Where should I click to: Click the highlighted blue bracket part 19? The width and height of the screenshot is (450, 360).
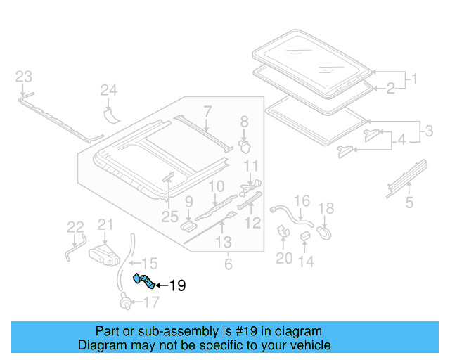(144, 281)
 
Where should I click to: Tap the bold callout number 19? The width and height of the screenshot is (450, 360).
(178, 285)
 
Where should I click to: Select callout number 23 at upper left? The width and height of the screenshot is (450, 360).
(23, 77)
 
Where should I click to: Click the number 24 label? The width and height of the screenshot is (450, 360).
(109, 90)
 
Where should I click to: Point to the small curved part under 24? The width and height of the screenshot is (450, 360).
(111, 115)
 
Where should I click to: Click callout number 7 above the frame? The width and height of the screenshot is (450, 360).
(207, 111)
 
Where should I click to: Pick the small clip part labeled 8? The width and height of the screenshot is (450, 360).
(245, 146)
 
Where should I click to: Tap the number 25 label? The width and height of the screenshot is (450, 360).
(169, 217)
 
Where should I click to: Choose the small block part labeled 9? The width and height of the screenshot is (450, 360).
(188, 226)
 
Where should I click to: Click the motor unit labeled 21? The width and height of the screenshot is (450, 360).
(104, 255)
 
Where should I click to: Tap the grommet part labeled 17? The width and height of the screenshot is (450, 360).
(126, 302)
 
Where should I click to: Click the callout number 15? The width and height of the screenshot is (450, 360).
(150, 263)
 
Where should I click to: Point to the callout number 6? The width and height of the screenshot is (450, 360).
(228, 264)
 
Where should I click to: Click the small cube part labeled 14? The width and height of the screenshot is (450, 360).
(304, 236)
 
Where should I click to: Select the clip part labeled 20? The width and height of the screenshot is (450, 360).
(283, 231)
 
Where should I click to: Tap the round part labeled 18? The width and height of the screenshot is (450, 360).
(324, 233)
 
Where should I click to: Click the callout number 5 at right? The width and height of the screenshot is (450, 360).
(409, 202)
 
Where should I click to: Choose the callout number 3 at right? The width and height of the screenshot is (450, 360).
(429, 131)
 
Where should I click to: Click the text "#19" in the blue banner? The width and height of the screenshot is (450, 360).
(245, 331)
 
